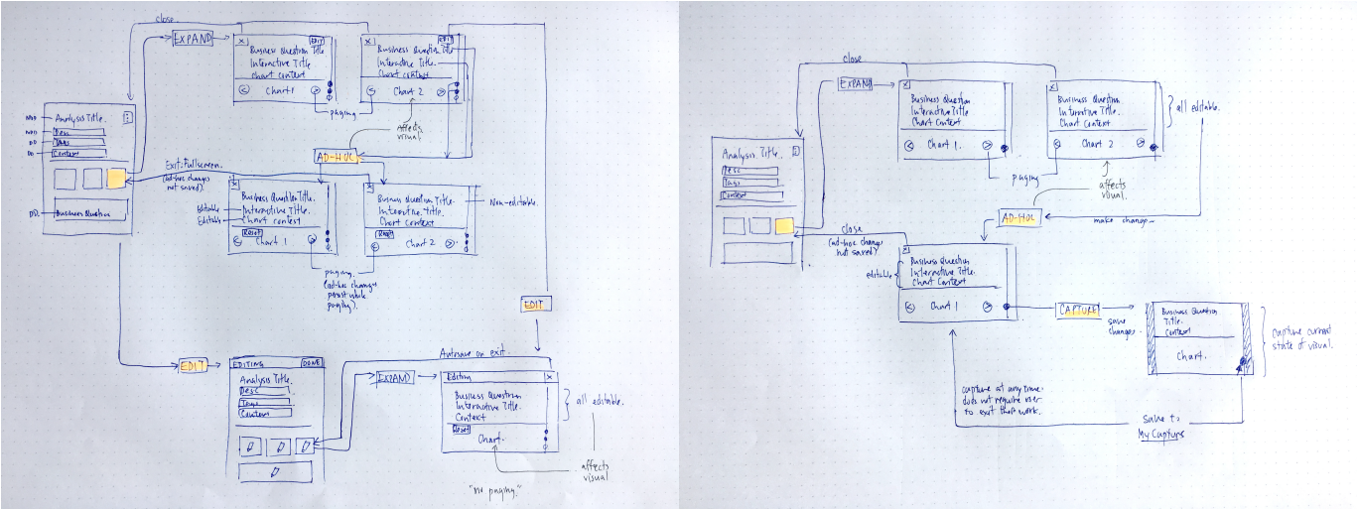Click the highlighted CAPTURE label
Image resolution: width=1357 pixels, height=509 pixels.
pyautogui.click(x=1078, y=311)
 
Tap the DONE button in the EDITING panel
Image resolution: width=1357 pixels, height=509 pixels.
pyautogui.click(x=311, y=363)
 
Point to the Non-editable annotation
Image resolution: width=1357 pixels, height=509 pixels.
pyautogui.click(x=512, y=203)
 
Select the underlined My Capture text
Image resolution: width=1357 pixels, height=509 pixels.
pyautogui.click(x=1163, y=435)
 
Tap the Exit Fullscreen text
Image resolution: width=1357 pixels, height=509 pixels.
pyautogui.click(x=195, y=166)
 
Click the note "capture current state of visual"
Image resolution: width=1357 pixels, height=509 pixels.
pyautogui.click(x=1296, y=336)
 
